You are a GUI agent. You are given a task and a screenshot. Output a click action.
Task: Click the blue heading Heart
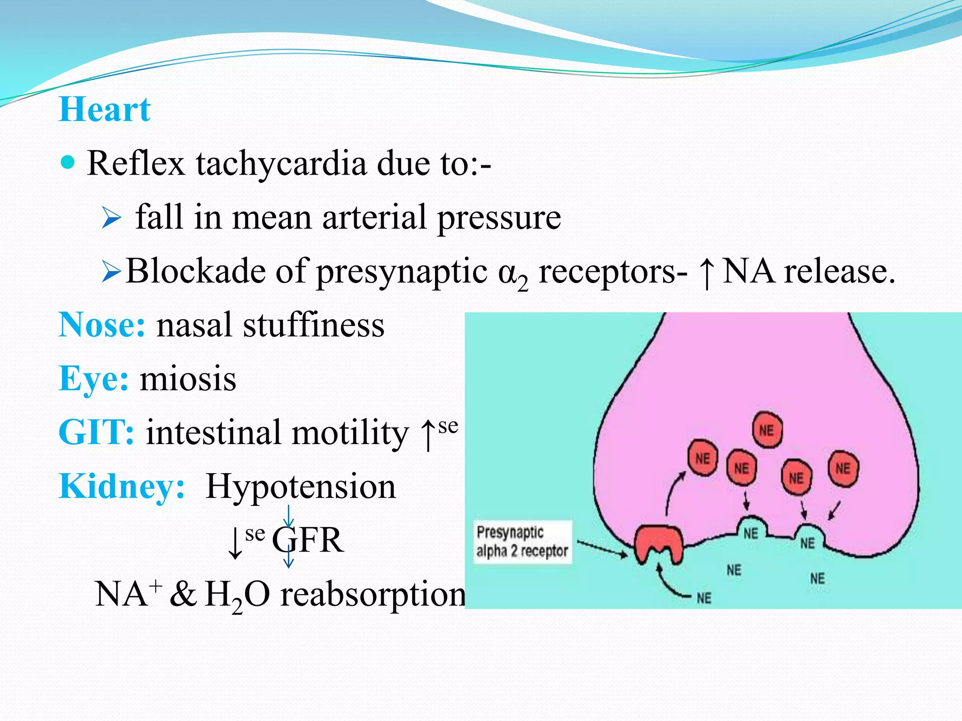105,109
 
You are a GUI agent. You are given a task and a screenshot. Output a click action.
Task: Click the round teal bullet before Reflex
69,162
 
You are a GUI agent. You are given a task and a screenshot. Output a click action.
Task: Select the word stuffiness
313,325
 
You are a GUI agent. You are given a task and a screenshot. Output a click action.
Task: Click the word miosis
188,378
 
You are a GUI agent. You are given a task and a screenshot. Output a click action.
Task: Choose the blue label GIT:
96,432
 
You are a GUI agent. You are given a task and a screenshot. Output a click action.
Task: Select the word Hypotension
301,486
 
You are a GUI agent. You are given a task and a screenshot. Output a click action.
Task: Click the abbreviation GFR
308,540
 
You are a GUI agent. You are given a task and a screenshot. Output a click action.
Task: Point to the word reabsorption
372,595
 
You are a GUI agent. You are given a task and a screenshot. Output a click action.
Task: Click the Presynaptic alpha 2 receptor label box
522,541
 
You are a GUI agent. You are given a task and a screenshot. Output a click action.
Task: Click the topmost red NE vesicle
767,430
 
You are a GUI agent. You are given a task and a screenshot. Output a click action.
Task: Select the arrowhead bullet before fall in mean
111,218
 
